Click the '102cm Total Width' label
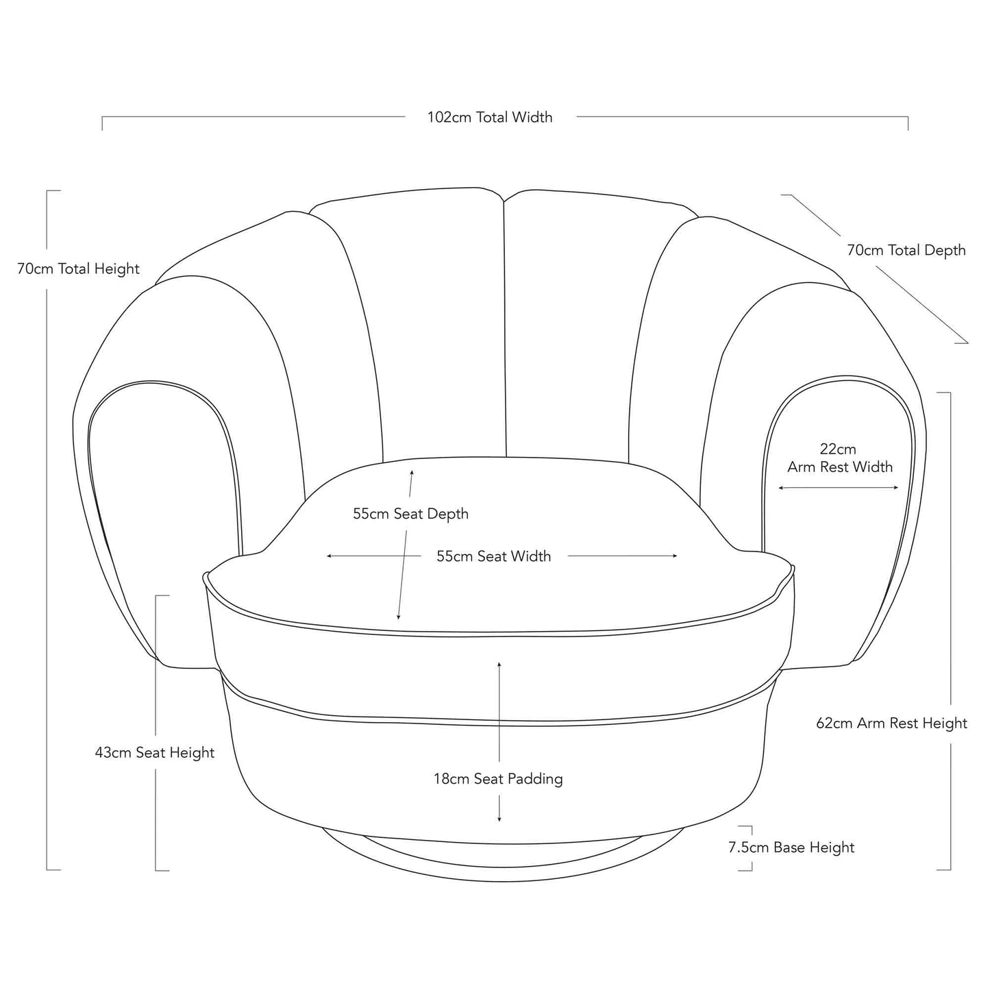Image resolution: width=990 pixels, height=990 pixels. pyautogui.click(x=490, y=117)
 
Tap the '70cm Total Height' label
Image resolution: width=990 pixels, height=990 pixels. pyautogui.click(x=78, y=269)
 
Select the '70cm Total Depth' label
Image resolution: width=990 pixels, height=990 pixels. pyautogui.click(x=906, y=250)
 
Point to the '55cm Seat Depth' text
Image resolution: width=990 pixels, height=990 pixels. pyautogui.click(x=410, y=514)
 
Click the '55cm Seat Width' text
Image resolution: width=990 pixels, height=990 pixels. pyautogui.click(x=493, y=556)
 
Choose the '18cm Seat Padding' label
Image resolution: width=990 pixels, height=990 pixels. pyautogui.click(x=498, y=779)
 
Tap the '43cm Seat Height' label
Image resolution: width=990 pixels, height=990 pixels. pyautogui.click(x=154, y=753)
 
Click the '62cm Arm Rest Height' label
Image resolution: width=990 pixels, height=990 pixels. pyautogui.click(x=891, y=723)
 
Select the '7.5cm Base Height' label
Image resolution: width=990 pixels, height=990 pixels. pyautogui.click(x=791, y=847)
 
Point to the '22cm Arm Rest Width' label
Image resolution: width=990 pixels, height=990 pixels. pyautogui.click(x=839, y=458)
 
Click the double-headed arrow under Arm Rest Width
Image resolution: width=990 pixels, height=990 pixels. pyautogui.click(x=839, y=488)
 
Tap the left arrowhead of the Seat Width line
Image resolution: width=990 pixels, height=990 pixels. pyautogui.click(x=330, y=556)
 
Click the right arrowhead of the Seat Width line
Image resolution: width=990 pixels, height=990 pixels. pyautogui.click(x=675, y=556)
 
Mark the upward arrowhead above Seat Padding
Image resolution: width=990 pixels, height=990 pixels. pyautogui.click(x=499, y=665)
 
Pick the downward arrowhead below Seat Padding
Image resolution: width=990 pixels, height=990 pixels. pyautogui.click(x=499, y=819)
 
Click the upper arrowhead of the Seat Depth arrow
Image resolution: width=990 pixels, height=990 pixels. pyautogui.click(x=412, y=472)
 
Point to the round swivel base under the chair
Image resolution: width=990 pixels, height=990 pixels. pyautogui.click(x=500, y=860)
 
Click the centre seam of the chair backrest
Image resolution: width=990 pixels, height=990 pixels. pyautogui.click(x=505, y=329)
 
